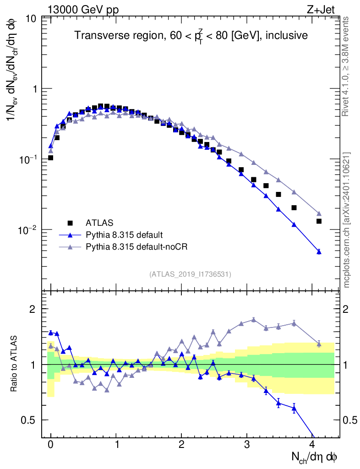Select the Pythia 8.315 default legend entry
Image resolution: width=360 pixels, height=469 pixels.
pos(124,235)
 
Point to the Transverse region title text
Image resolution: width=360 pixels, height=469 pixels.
pos(191,35)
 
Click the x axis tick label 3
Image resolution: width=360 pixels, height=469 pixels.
pos(247,445)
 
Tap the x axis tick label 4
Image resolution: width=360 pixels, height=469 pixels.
pos(312,445)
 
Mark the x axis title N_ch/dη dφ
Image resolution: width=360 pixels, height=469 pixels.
pos(314,457)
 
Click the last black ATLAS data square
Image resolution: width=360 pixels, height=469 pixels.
pos(319,221)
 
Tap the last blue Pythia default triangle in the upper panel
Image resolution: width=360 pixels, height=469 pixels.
pos(319,251)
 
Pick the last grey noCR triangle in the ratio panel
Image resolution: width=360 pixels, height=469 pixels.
pos(319,344)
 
